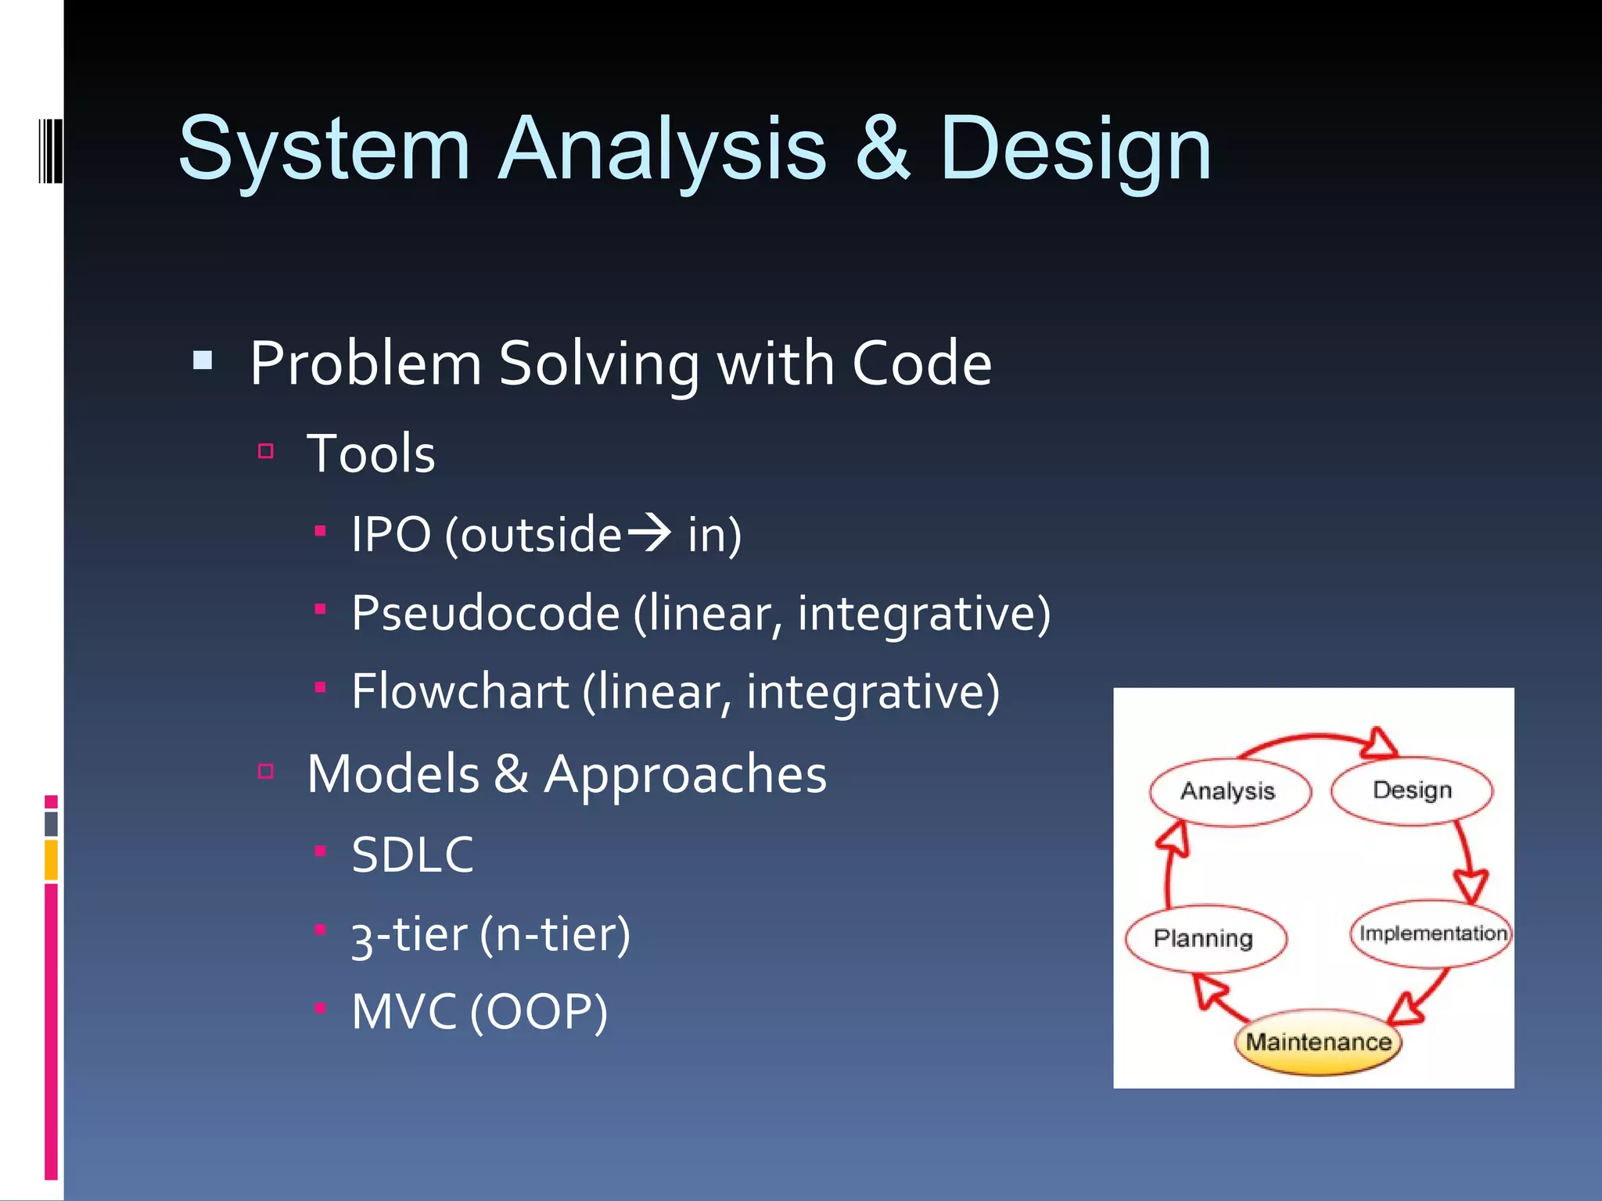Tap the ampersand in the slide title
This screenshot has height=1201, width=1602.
[882, 149]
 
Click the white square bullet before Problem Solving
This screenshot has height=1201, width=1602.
[203, 360]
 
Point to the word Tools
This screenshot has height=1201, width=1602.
[371, 454]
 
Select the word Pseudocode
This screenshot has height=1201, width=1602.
[485, 613]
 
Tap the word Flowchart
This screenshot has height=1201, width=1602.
[460, 692]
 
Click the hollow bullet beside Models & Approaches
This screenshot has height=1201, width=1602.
[266, 772]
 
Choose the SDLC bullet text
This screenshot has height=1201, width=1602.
[412, 854]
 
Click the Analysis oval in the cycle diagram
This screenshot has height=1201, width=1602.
[1228, 791]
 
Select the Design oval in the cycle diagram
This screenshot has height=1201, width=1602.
[1412, 790]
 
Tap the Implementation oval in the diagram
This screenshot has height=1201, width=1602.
[1431, 934]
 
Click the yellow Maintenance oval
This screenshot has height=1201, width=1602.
[1319, 1042]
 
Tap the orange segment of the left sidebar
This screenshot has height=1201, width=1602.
[51, 860]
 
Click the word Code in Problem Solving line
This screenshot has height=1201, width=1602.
[921, 364]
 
